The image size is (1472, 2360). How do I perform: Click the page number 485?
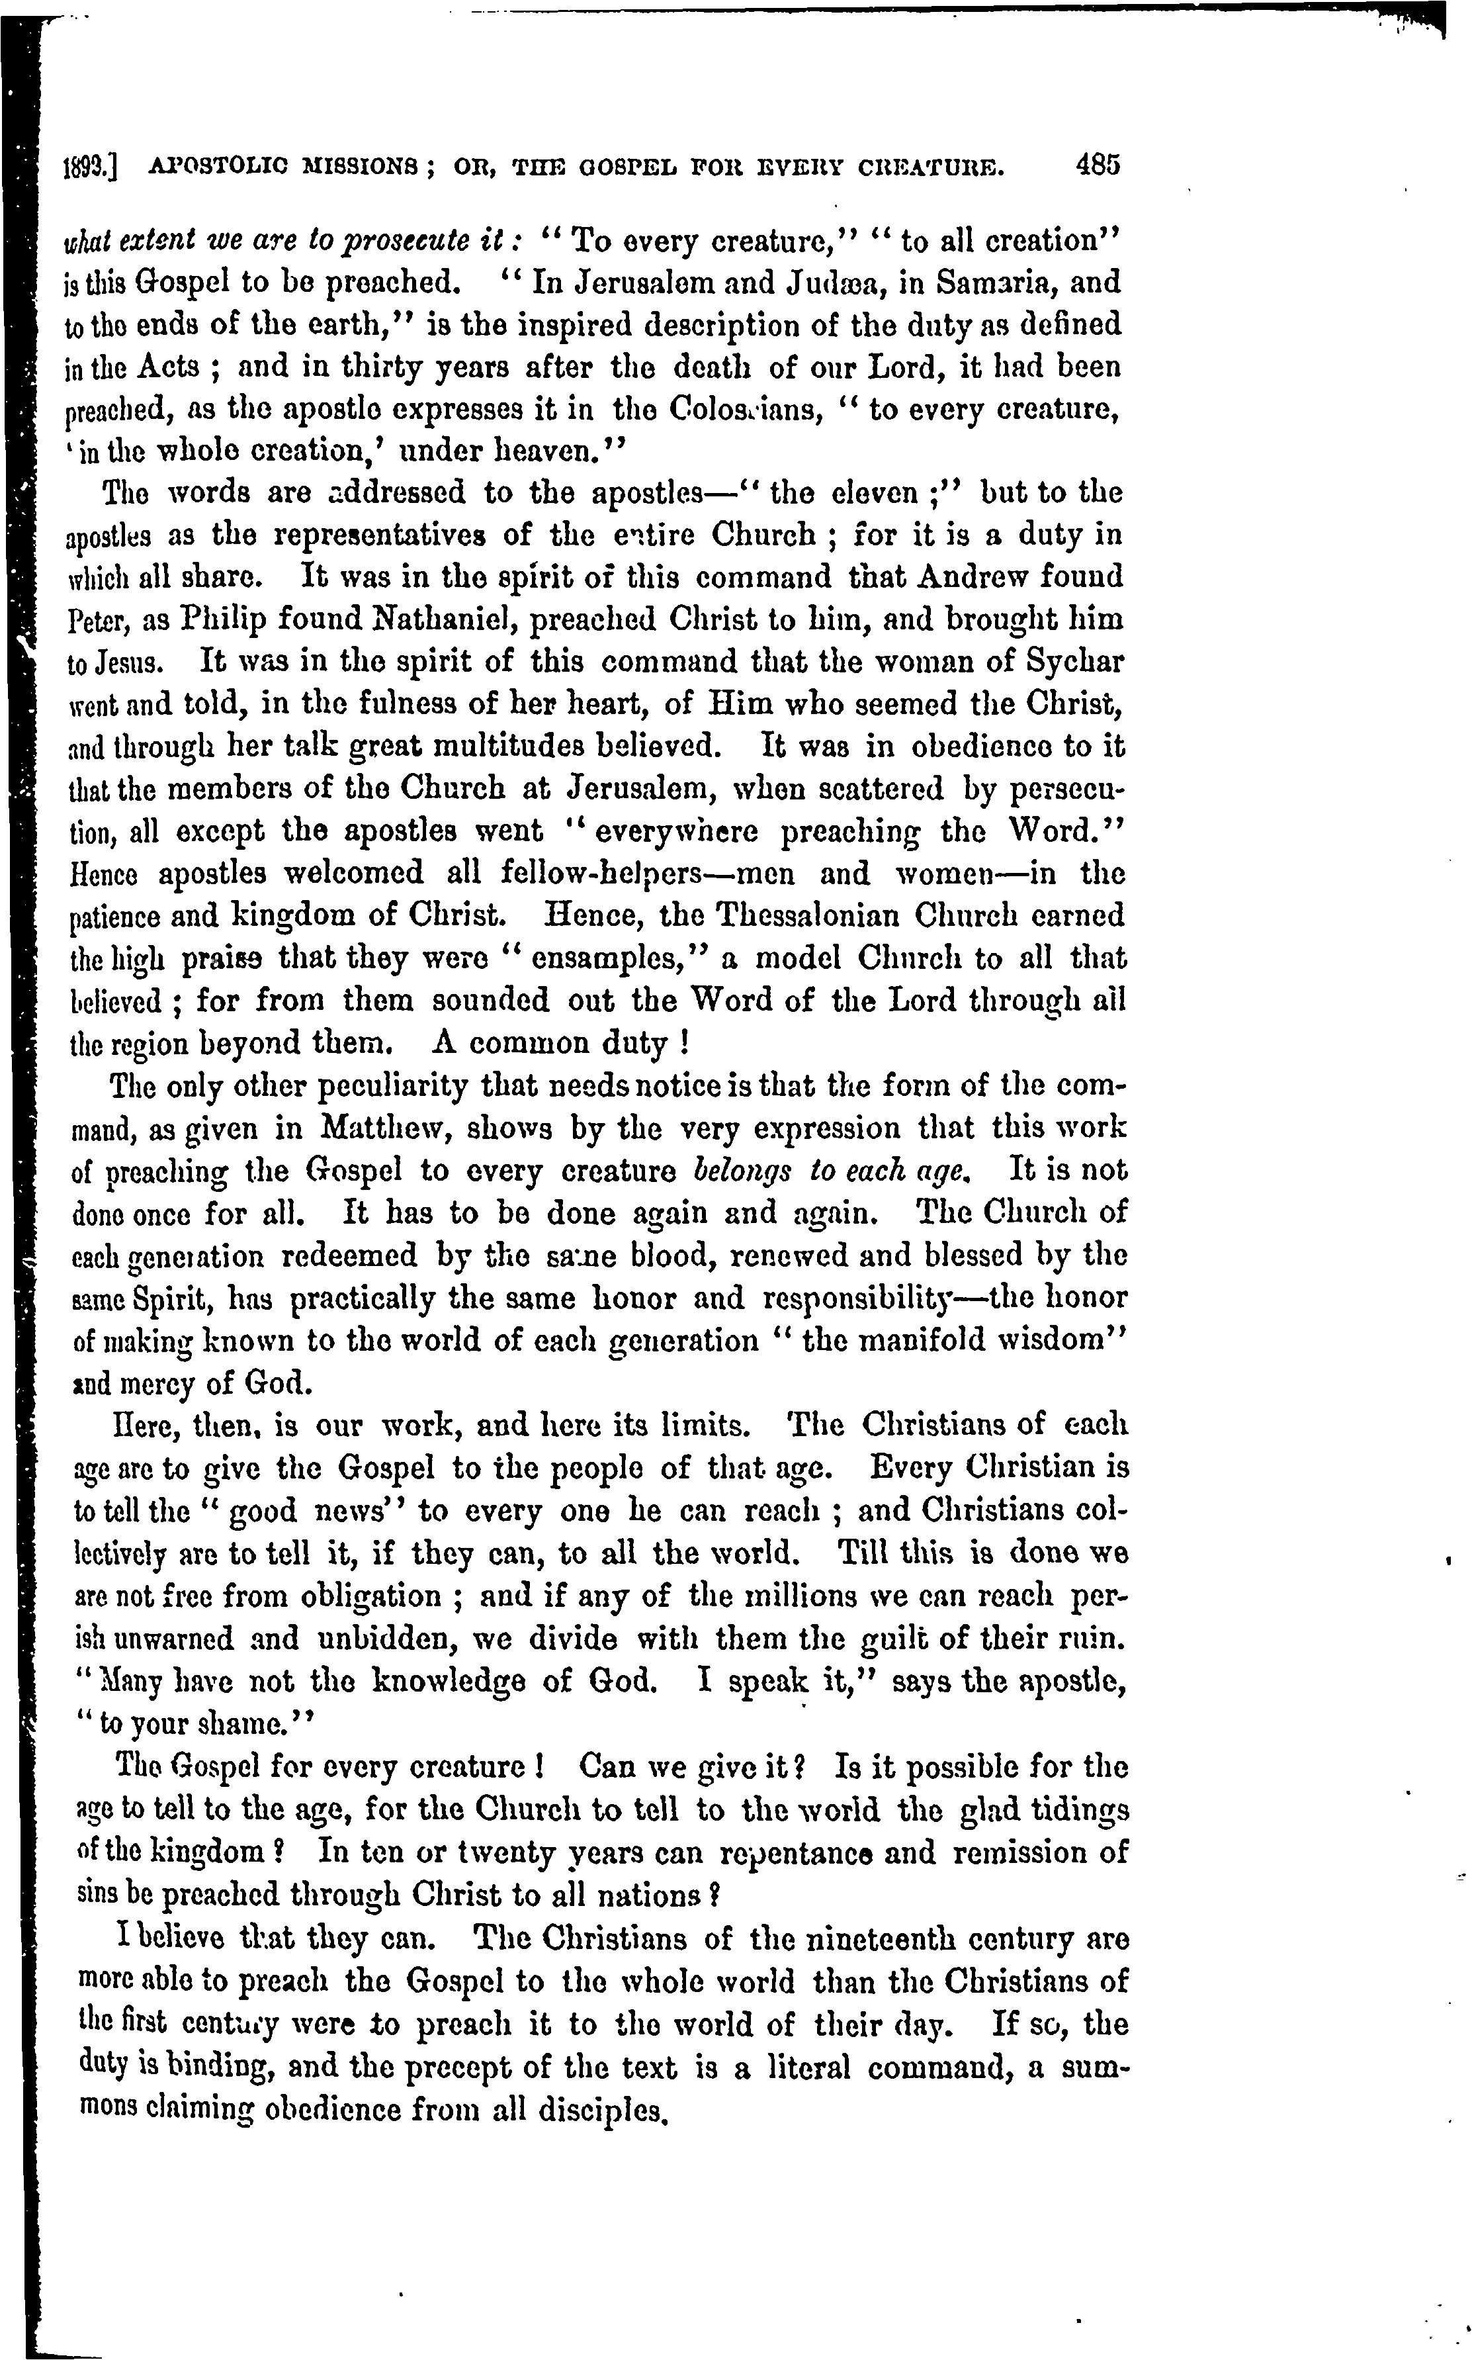pyautogui.click(x=1099, y=165)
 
